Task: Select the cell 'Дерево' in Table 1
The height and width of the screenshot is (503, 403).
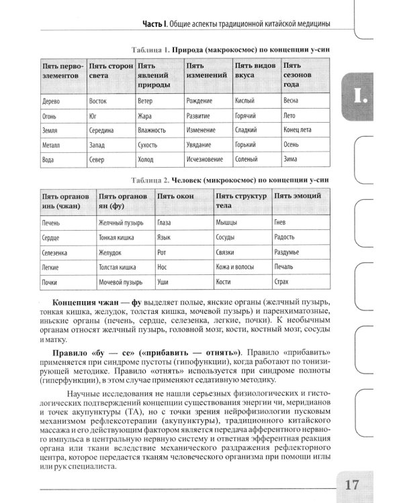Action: coord(52,101)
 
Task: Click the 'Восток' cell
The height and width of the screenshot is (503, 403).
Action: coord(98,101)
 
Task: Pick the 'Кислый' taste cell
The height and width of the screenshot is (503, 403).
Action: coord(244,101)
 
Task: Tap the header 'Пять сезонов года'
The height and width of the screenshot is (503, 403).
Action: coord(300,76)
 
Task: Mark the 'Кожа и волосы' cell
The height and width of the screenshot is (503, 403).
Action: coord(234,267)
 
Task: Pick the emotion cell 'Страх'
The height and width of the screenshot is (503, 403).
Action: coord(283,282)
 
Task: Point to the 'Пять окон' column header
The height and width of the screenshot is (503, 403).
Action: coord(176,195)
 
